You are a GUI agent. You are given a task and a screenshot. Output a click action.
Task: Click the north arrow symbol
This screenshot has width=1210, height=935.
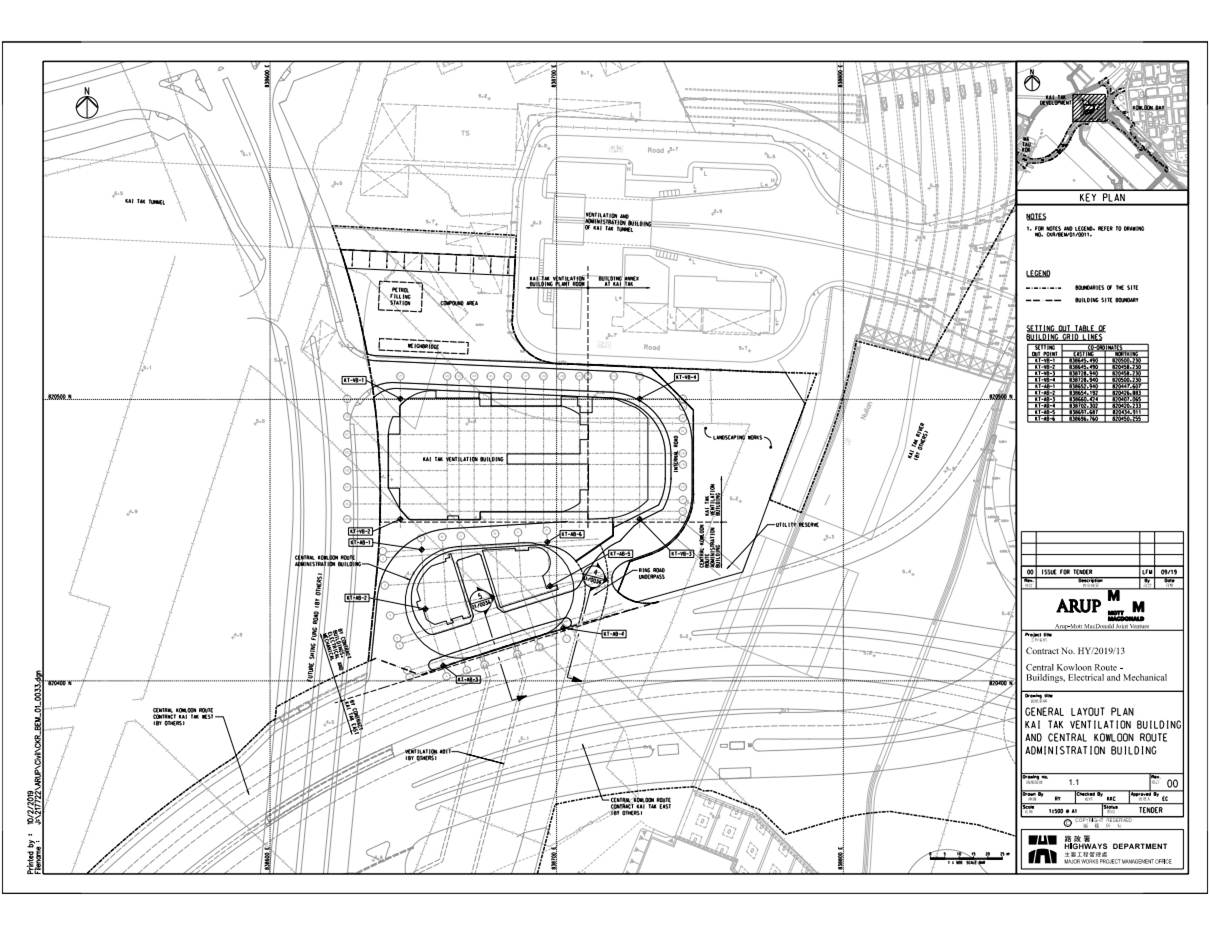(87, 105)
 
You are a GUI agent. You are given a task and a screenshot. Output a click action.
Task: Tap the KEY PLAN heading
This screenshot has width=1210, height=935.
(1101, 198)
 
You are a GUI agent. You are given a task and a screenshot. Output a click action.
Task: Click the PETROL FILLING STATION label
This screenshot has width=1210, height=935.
(400, 296)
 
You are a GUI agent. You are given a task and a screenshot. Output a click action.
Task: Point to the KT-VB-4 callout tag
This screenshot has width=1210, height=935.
(686, 377)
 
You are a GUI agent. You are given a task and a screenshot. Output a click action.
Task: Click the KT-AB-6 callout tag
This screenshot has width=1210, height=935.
(571, 535)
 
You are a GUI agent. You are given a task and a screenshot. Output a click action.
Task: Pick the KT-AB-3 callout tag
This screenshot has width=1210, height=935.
(470, 680)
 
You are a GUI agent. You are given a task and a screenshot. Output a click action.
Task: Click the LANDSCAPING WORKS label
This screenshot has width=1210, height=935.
(738, 438)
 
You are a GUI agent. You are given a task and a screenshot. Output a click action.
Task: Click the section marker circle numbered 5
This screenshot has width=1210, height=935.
(480, 596)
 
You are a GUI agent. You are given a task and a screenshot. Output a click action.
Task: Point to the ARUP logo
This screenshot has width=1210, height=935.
(1079, 607)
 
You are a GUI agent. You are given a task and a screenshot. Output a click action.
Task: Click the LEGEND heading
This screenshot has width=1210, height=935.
(1037, 273)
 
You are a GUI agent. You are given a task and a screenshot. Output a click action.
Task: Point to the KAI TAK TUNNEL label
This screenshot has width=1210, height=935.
(145, 201)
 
